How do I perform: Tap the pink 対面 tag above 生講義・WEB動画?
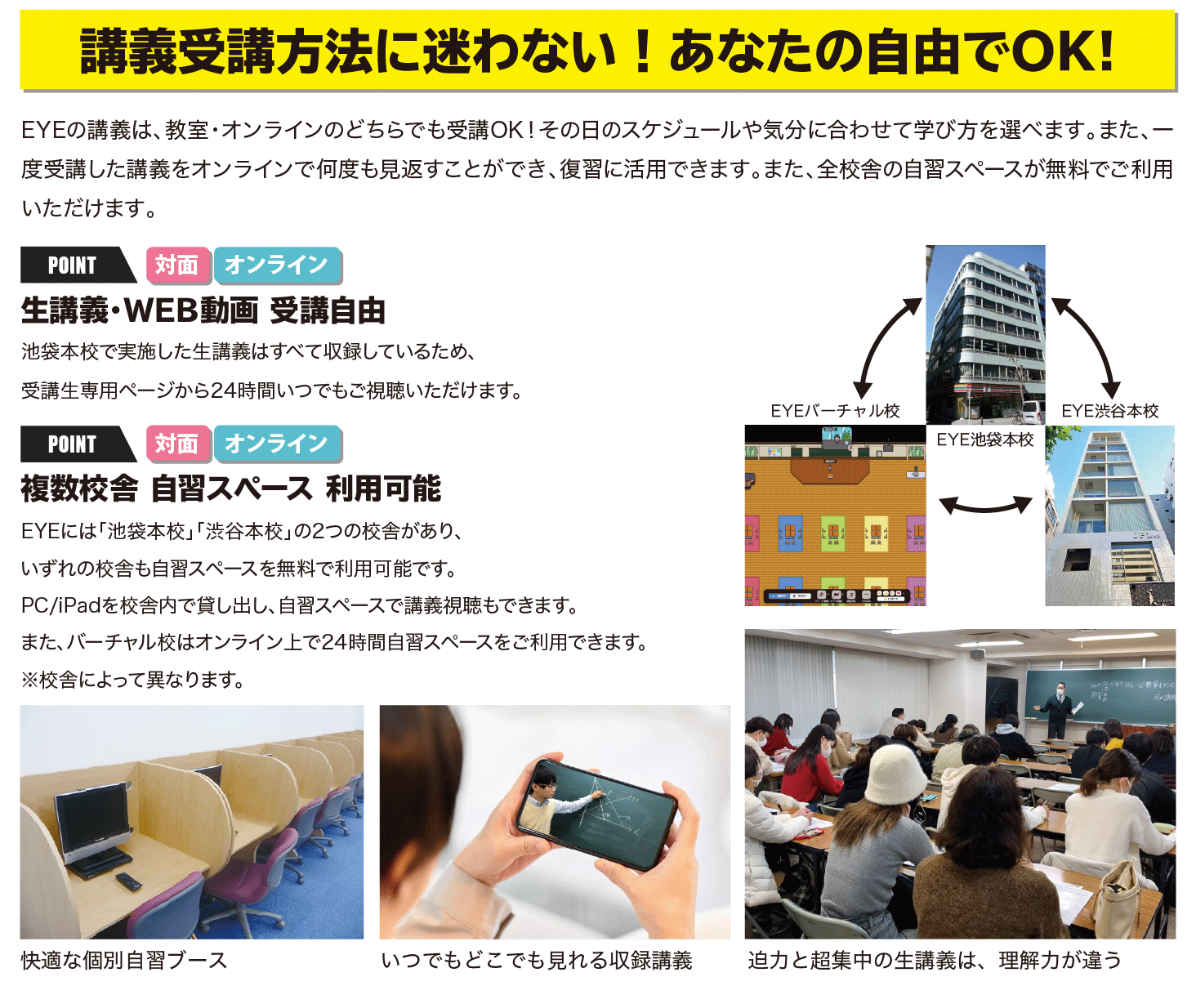(177, 265)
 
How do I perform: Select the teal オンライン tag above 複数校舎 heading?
(278, 444)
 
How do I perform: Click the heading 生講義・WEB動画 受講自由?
(203, 310)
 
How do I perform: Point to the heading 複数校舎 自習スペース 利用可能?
(231, 489)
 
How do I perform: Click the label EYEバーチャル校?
(835, 411)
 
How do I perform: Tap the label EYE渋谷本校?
(1109, 411)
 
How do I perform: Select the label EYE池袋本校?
(985, 439)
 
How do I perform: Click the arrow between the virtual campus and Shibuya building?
(985, 507)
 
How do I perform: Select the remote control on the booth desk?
(128, 881)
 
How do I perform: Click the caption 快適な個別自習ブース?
(124, 960)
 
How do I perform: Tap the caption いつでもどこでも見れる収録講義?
(537, 960)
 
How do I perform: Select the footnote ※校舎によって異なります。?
(133, 680)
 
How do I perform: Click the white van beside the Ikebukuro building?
(1031, 412)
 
